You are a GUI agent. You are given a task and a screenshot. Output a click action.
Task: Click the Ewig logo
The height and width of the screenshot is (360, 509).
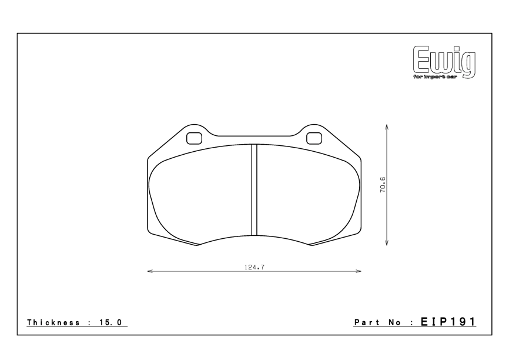coord(444,62)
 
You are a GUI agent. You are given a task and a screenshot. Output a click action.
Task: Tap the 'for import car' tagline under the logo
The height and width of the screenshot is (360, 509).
coord(435,76)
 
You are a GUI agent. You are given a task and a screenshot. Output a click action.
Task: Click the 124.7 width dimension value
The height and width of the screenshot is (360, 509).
coord(254,267)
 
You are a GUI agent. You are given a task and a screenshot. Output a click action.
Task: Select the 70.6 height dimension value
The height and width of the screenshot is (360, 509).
coord(383,185)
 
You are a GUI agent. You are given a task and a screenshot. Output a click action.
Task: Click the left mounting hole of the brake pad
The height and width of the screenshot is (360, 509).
coord(194,138)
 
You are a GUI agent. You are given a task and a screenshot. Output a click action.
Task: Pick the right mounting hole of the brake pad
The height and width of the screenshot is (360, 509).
coord(314,138)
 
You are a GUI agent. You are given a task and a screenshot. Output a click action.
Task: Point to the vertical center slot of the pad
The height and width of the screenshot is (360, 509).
coord(254,190)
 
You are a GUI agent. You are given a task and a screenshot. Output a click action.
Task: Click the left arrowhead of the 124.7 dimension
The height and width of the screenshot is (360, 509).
coord(150,271)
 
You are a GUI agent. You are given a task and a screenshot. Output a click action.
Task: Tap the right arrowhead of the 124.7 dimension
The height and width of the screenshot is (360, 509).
coord(359,271)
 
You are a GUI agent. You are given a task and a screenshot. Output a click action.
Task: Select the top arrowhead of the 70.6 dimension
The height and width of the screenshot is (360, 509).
coord(387,126)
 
